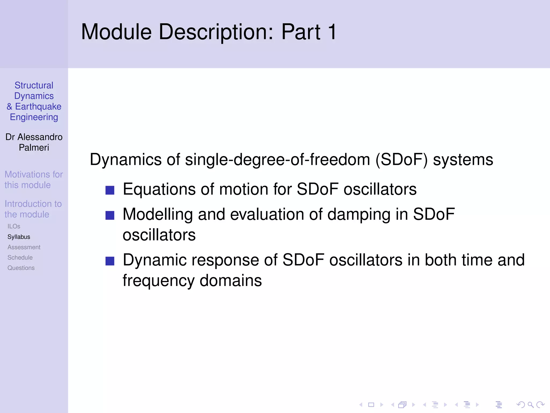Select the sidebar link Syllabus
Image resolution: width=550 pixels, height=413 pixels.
coord(19,237)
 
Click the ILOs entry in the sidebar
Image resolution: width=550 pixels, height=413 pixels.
coord(14,226)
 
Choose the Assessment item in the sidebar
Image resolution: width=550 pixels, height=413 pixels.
coord(24,247)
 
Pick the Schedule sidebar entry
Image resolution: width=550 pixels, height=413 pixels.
coord(20,258)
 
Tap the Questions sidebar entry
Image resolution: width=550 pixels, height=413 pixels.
coord(21,268)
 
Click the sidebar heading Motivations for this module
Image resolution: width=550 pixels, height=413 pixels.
coord(34,180)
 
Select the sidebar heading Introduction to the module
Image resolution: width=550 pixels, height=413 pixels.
coord(33,209)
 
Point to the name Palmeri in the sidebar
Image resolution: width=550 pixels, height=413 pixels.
coord(34,148)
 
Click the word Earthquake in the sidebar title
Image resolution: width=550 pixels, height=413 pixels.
coord(38,106)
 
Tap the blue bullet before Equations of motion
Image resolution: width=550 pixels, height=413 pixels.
coord(110,190)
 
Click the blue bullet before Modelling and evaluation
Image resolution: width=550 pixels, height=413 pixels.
coord(110,215)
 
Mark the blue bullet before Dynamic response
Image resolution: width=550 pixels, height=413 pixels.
coord(110,261)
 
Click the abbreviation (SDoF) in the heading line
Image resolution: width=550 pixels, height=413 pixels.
coord(401,159)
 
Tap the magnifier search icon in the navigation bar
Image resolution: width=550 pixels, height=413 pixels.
coord(530,405)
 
